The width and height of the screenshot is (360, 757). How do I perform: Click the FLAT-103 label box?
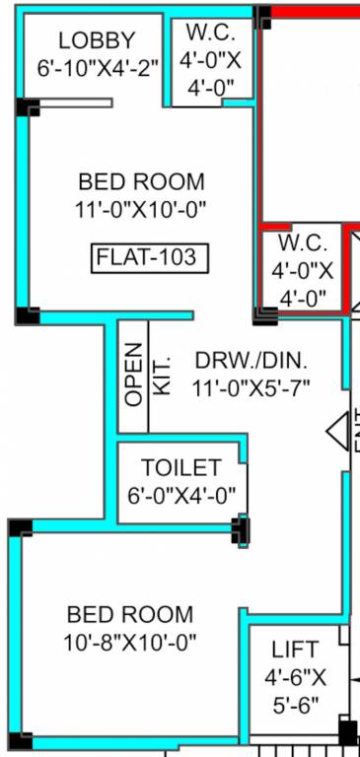[146, 258]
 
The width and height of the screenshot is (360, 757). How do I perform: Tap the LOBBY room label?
[97, 41]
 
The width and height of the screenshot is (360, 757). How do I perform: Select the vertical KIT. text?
[163, 376]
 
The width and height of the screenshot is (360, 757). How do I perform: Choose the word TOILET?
[180, 467]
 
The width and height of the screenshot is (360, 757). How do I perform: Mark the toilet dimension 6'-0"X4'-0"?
[180, 496]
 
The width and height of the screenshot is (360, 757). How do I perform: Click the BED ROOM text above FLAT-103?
[142, 182]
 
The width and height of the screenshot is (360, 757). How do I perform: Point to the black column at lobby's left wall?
[28, 107]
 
